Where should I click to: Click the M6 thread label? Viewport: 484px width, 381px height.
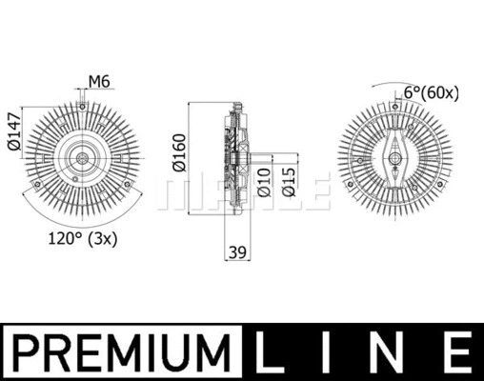[x=100, y=80]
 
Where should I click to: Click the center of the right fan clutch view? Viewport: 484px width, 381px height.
[x=395, y=156]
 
